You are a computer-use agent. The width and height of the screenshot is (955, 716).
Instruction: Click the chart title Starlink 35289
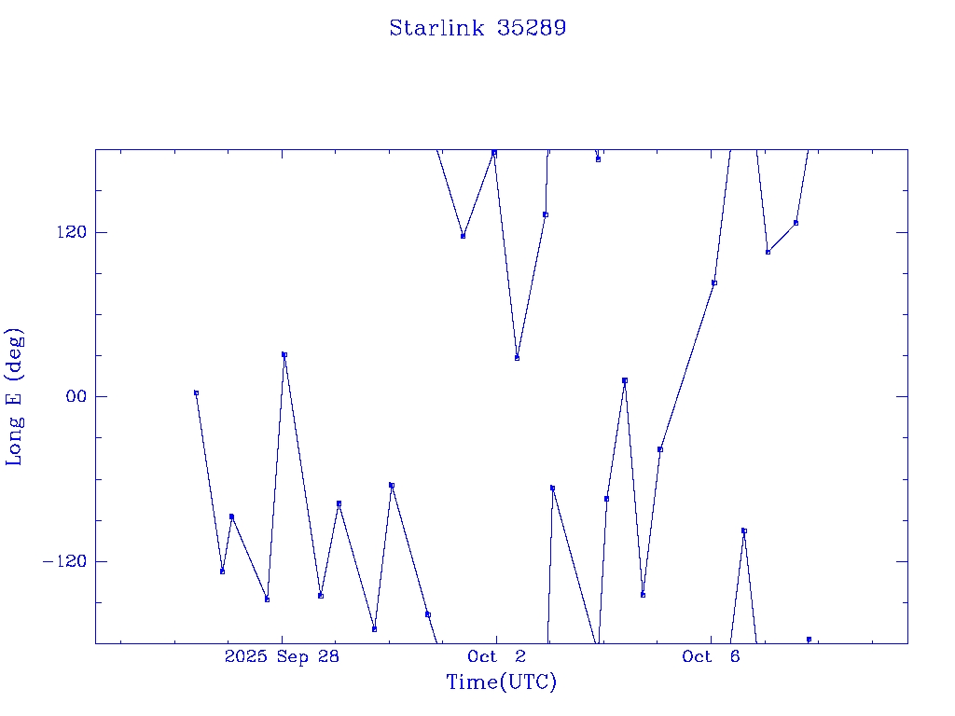[477, 28]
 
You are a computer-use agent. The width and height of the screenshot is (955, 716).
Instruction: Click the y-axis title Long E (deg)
[15, 396]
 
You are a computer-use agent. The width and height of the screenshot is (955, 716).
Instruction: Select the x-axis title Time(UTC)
[501, 682]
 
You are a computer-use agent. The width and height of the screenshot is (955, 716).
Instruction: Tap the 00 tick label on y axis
[74, 396]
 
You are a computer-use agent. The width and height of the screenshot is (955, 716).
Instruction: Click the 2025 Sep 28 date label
[283, 656]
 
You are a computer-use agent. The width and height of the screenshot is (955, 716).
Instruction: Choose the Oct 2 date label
[497, 656]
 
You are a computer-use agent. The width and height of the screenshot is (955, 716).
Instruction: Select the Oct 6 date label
[711, 656]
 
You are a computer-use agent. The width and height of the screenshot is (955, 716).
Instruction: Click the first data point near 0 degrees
[196, 393]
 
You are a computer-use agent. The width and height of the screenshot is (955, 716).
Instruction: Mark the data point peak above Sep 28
[284, 354]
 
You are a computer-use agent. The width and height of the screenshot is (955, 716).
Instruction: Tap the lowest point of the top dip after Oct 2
[517, 358]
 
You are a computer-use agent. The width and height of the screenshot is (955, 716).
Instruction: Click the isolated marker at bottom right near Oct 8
[809, 639]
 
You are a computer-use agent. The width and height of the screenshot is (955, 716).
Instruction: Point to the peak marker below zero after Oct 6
[744, 530]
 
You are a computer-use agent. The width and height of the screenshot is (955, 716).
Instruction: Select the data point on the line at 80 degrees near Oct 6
[714, 282]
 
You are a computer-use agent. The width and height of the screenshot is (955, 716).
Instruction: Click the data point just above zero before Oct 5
[625, 380]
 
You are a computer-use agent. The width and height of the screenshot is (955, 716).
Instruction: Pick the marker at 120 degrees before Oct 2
[463, 236]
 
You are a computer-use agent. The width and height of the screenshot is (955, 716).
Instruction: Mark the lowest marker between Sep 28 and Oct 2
[374, 629]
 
